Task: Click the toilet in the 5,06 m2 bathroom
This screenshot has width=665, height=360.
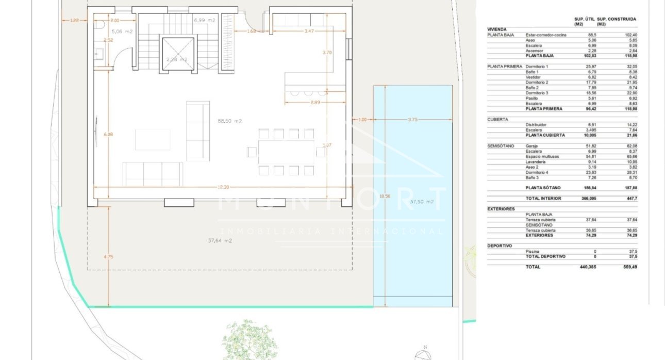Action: [x=101, y=25]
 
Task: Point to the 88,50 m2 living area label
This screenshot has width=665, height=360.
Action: [x=230, y=121]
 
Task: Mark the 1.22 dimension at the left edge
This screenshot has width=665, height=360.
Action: [x=74, y=20]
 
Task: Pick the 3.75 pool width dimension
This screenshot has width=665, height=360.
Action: [x=412, y=120]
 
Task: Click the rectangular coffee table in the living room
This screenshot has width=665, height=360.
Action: [x=153, y=139]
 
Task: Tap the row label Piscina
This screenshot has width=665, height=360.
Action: [x=533, y=251]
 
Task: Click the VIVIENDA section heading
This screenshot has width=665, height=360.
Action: [x=497, y=29]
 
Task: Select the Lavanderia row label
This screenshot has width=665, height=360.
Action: [x=536, y=162]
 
